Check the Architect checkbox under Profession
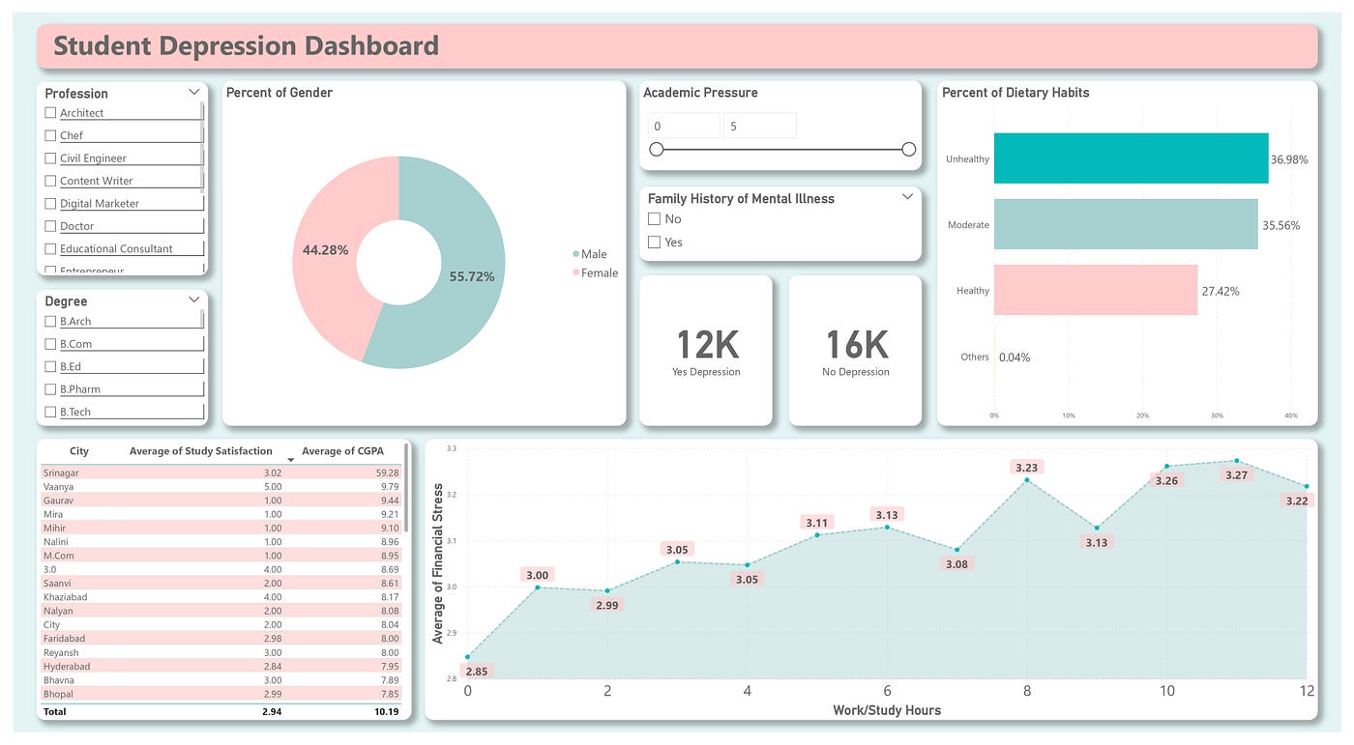(x=50, y=113)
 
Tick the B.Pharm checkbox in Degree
(x=50, y=389)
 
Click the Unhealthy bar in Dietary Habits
(x=1130, y=158)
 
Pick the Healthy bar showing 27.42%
(x=1095, y=290)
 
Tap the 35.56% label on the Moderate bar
(x=1280, y=225)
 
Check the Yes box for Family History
(x=655, y=243)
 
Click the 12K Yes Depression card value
(x=706, y=345)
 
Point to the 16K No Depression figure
(x=856, y=345)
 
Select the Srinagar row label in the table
(x=61, y=473)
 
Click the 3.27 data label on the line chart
(x=1236, y=475)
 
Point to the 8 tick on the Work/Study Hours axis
(x=1027, y=691)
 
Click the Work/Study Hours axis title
(x=886, y=710)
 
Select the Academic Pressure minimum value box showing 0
(x=684, y=126)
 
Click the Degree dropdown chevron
(x=193, y=301)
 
